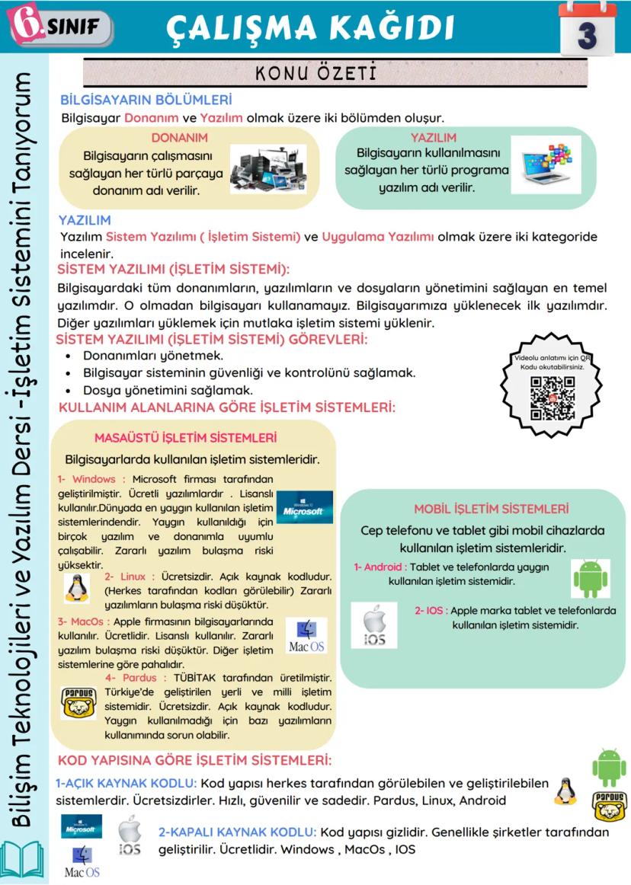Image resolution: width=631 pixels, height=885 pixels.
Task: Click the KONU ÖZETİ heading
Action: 316,74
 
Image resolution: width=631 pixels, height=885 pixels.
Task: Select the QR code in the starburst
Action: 553,398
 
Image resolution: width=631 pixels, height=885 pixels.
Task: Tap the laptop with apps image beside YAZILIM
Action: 546,165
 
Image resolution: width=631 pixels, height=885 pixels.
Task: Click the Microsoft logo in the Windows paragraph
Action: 304,507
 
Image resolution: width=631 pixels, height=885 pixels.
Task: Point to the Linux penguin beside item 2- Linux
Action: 75,587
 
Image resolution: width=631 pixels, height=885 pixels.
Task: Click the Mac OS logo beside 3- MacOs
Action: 307,636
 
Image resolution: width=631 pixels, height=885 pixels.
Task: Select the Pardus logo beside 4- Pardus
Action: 78,702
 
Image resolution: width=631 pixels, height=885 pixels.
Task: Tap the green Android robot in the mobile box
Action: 591,579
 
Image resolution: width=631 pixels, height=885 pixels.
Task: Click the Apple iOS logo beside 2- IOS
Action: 373,626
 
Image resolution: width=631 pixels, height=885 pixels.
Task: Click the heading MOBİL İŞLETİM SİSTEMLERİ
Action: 492,509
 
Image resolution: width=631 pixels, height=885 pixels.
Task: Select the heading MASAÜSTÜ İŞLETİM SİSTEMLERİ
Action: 185,438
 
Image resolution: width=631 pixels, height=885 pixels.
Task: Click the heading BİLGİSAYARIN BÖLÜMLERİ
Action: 146,100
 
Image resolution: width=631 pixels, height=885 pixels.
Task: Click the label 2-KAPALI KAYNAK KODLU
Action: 237,832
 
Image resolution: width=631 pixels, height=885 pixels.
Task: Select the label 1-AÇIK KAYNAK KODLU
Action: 127,783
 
